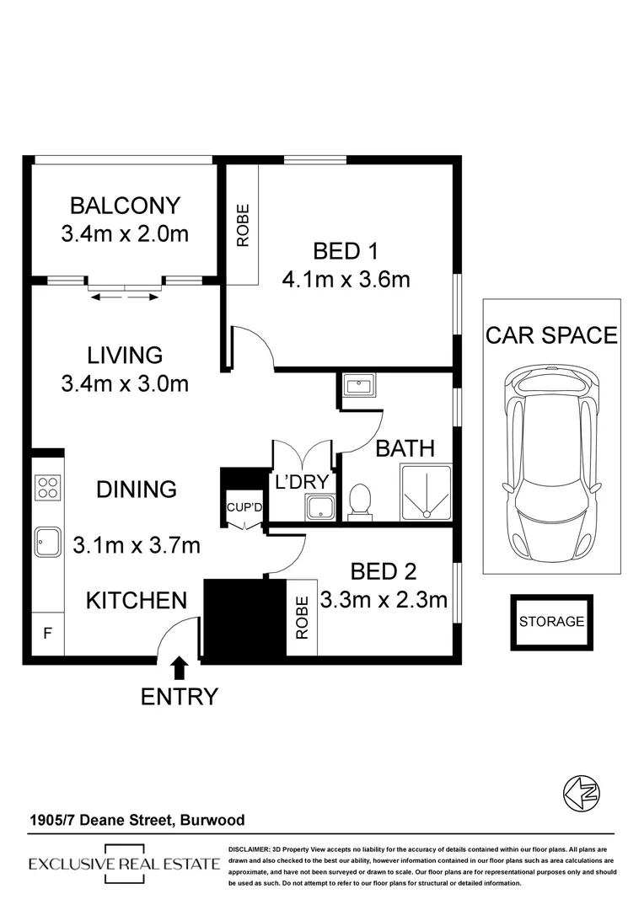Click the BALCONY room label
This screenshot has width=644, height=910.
125,206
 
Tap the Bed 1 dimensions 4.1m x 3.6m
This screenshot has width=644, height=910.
346,279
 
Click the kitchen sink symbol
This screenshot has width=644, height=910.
47,542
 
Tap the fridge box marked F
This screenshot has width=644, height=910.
46,632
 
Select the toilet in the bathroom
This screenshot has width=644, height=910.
359,500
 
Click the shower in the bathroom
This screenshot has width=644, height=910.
426,492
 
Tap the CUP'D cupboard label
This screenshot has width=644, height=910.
243,507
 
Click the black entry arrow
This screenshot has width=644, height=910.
179,669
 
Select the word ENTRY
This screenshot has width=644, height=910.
179,697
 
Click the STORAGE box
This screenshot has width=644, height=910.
551,622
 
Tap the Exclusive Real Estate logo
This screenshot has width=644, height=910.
125,864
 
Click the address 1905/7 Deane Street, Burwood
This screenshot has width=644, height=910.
137,819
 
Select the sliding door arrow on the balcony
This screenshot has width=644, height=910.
125,296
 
